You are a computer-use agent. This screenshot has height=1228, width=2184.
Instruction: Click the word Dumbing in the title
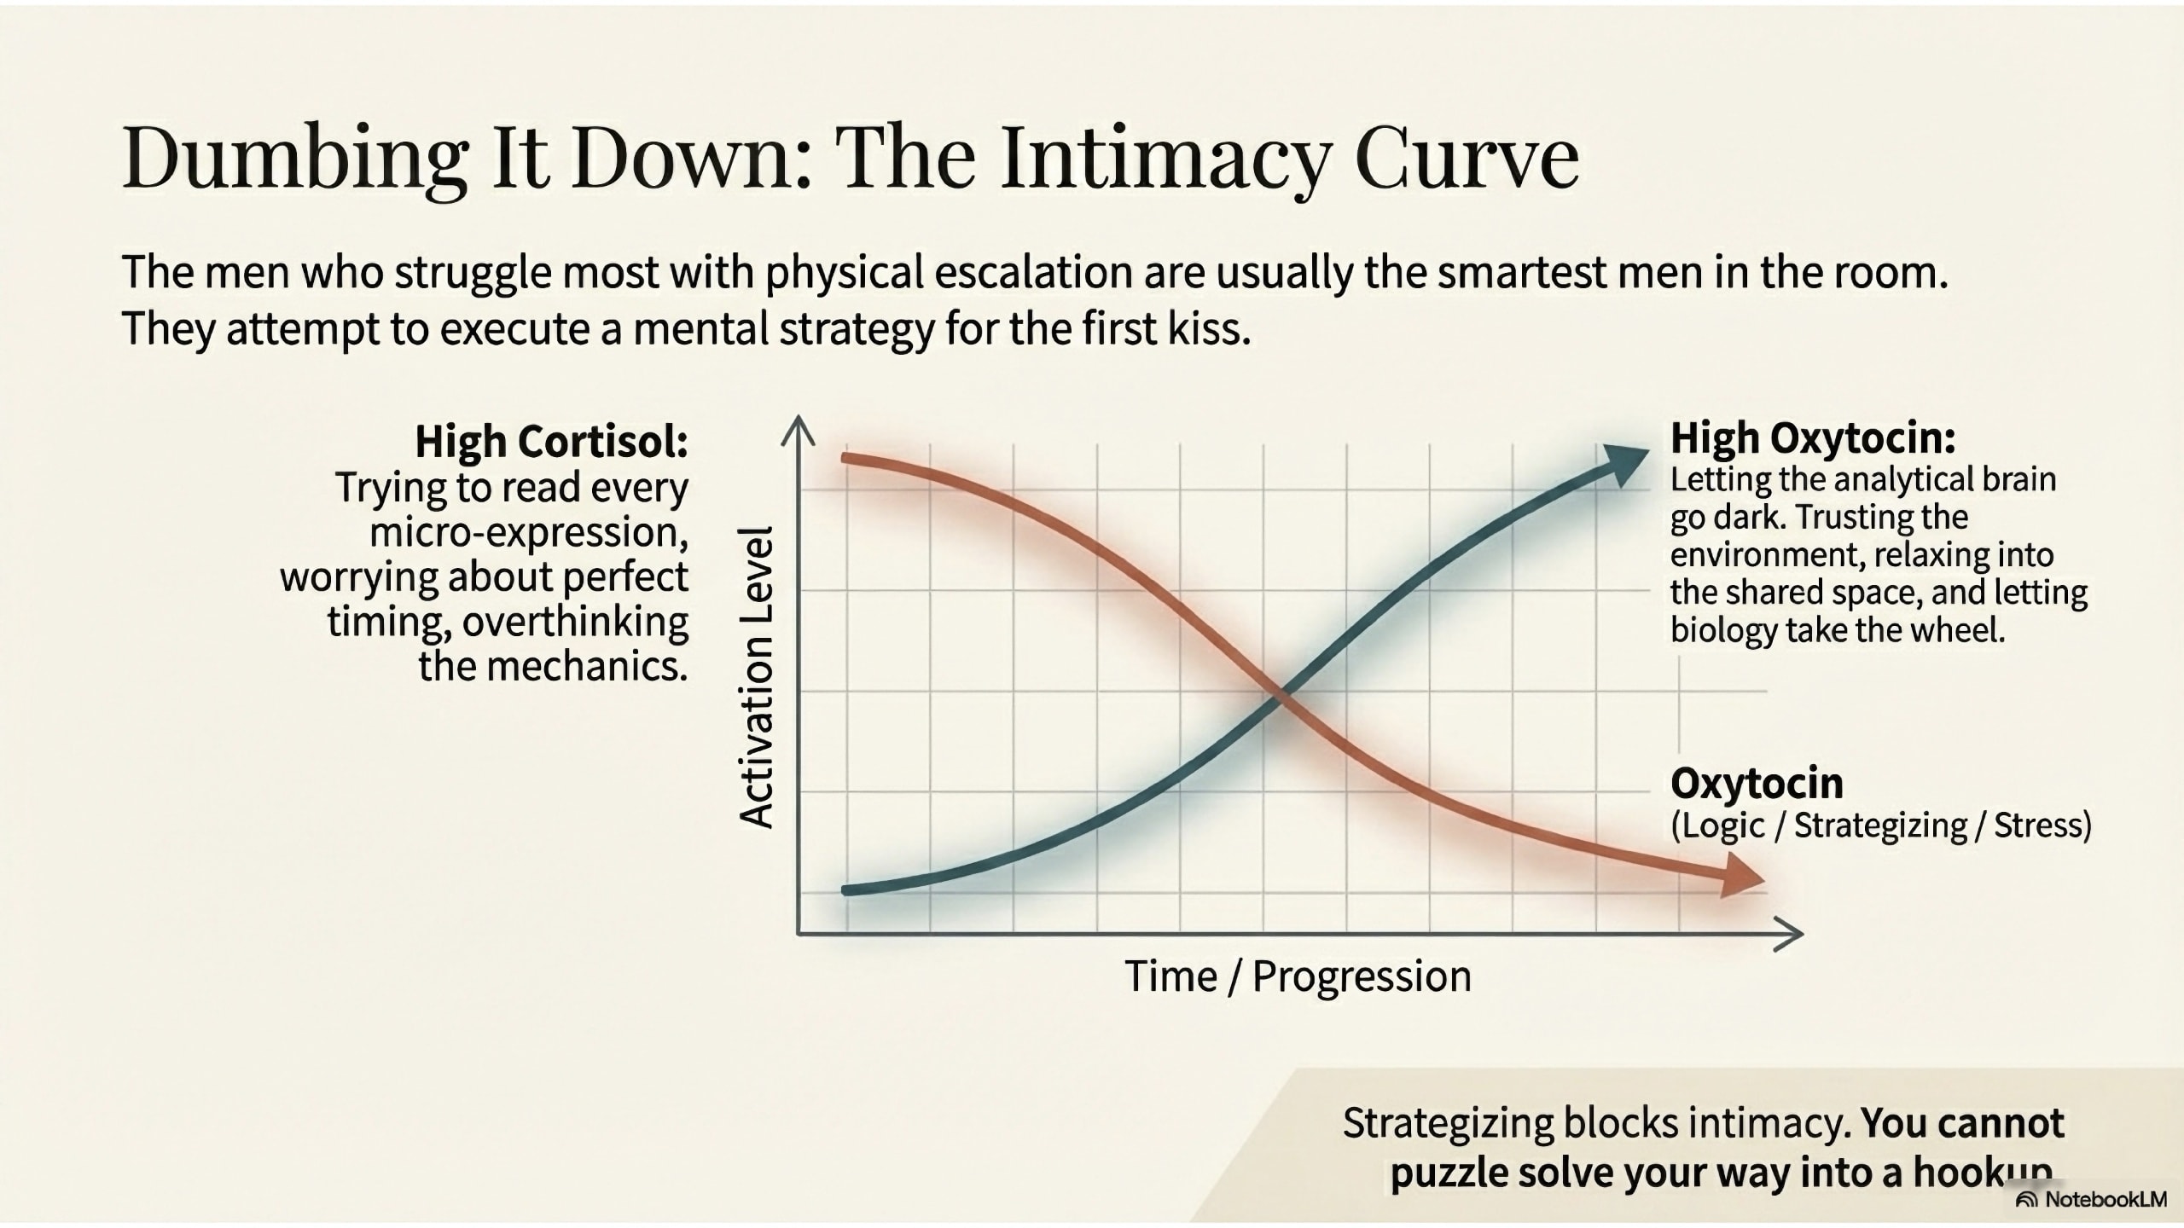pyautogui.click(x=294, y=159)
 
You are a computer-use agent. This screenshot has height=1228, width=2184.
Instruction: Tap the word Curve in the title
pyautogui.click(x=1467, y=159)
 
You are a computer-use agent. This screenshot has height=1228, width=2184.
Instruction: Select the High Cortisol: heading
pyautogui.click(x=551, y=442)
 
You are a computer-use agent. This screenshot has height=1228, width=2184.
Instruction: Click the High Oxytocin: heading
pyautogui.click(x=1812, y=438)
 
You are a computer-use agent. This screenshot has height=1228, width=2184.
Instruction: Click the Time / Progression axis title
pyautogui.click(x=1298, y=976)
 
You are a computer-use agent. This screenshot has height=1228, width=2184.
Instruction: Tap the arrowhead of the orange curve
pyautogui.click(x=1740, y=878)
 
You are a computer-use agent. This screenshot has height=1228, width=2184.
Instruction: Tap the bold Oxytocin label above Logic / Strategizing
pyautogui.click(x=1756, y=783)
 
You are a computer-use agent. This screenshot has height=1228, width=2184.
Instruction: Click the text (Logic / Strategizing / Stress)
pyautogui.click(x=1880, y=825)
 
